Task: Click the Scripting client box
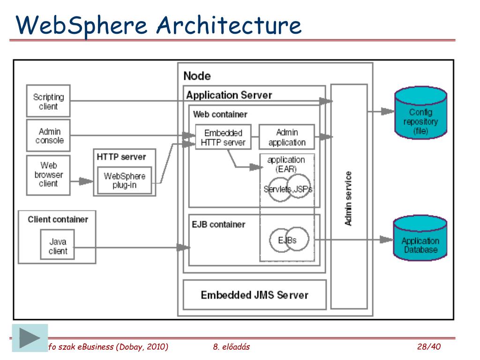point(48,101)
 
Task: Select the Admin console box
point(48,136)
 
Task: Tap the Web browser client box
point(48,174)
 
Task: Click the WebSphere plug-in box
point(124,180)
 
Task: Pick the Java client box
point(58,246)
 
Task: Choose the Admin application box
point(287,137)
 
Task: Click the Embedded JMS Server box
point(255,295)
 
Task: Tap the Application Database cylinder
point(420,241)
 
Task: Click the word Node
point(197,76)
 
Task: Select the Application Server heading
point(229,95)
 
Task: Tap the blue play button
point(30,338)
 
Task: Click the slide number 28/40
point(429,347)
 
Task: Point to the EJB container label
point(218,225)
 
